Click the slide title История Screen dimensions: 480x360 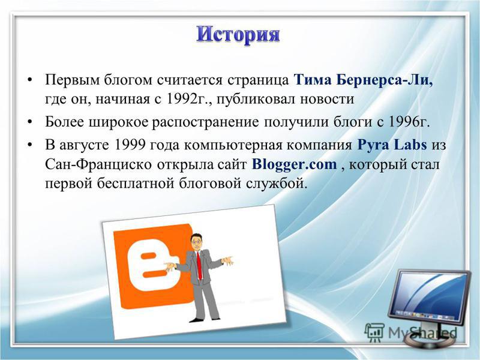238,34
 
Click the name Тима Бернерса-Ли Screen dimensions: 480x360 364,80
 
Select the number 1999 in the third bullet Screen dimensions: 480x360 129,145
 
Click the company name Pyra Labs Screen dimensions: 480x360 392,145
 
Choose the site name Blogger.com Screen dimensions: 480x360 294,164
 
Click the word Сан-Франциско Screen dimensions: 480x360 98,164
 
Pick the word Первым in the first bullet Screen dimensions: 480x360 73,80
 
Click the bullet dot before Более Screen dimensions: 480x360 29,122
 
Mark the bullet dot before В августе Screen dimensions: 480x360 29,145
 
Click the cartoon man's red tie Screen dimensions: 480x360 199,265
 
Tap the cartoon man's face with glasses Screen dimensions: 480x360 196,242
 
